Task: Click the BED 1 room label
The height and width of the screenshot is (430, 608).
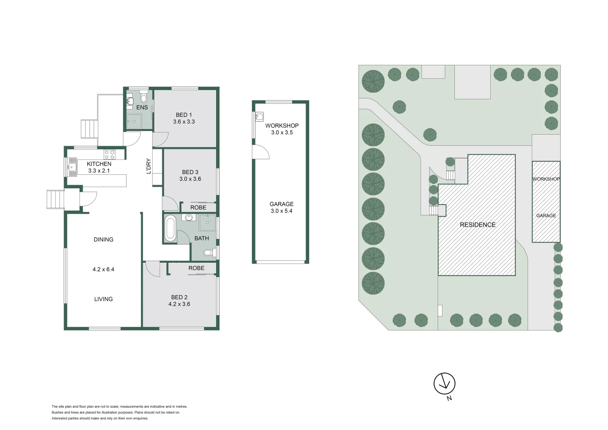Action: [184, 115]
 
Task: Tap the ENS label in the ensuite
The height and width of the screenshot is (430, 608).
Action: [142, 107]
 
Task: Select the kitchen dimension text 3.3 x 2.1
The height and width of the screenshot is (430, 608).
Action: [99, 171]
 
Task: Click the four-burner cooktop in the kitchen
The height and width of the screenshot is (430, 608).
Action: [109, 154]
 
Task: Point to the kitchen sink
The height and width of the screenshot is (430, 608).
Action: [72, 167]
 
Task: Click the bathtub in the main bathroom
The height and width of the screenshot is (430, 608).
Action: [170, 228]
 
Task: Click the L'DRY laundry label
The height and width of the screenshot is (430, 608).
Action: [148, 166]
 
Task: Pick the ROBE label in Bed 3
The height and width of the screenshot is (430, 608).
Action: [198, 207]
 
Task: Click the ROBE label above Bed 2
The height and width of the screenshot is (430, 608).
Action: [196, 268]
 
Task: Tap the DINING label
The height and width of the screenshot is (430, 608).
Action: [103, 240]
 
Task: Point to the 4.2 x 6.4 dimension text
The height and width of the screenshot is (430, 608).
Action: [103, 270]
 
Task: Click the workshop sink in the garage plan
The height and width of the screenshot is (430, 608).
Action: [259, 117]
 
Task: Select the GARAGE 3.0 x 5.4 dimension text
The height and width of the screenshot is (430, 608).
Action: [281, 211]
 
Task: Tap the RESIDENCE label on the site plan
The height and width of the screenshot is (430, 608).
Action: [477, 225]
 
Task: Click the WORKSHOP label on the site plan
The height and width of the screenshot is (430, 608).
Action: [546, 179]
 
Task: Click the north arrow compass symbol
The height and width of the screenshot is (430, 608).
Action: [444, 384]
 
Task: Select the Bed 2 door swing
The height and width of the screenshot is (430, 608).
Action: [152, 269]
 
